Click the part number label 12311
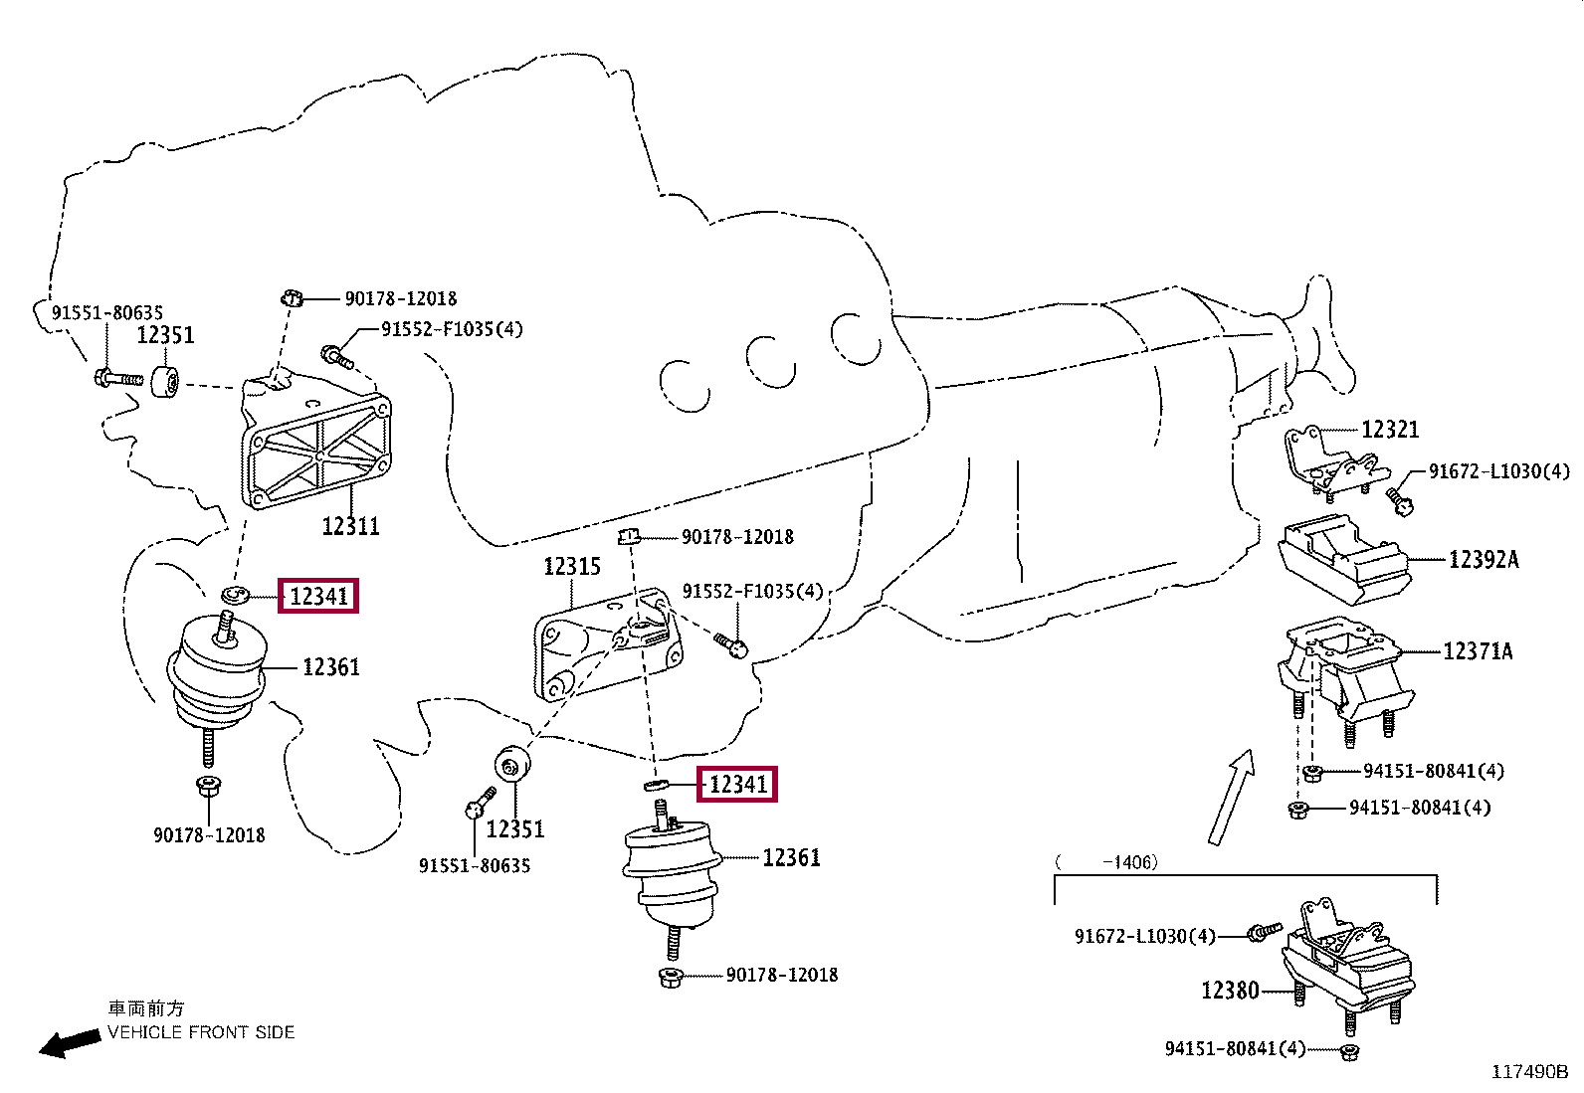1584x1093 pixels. coord(350,525)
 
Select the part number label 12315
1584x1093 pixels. coord(572,567)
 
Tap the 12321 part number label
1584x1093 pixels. coord(1389,430)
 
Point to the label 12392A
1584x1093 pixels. coord(1483,560)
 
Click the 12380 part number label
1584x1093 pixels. coord(1230,991)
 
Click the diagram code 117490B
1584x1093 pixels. coord(1528,1071)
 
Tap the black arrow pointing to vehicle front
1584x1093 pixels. coord(69,1043)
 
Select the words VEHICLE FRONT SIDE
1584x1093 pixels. coord(201,1032)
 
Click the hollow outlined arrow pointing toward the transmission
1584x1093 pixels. coord(1231,796)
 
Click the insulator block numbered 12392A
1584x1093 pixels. coord(1343,559)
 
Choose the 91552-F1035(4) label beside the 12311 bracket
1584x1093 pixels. coord(451,329)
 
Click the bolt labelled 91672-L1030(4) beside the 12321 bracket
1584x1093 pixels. coord(1400,497)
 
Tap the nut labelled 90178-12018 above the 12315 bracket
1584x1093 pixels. coord(628,537)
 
